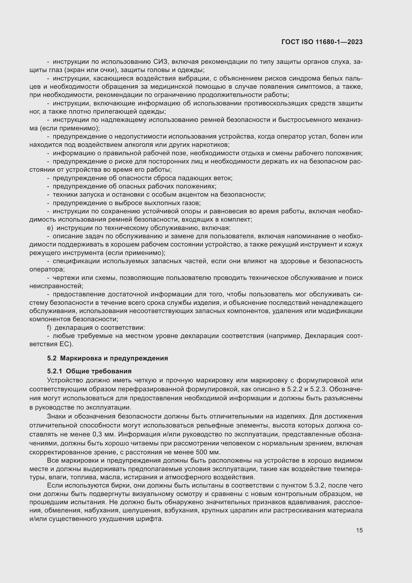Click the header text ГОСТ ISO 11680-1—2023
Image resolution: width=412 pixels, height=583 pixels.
[x=322, y=42]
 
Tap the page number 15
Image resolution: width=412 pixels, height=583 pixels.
[x=359, y=530]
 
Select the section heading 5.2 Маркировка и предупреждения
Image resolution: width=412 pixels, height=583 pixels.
[x=107, y=358]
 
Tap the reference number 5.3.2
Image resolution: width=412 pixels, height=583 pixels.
[x=317, y=486]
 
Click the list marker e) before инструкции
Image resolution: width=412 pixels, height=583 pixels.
[x=50, y=228]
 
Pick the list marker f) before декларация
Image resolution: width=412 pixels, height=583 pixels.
[x=49, y=328]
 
